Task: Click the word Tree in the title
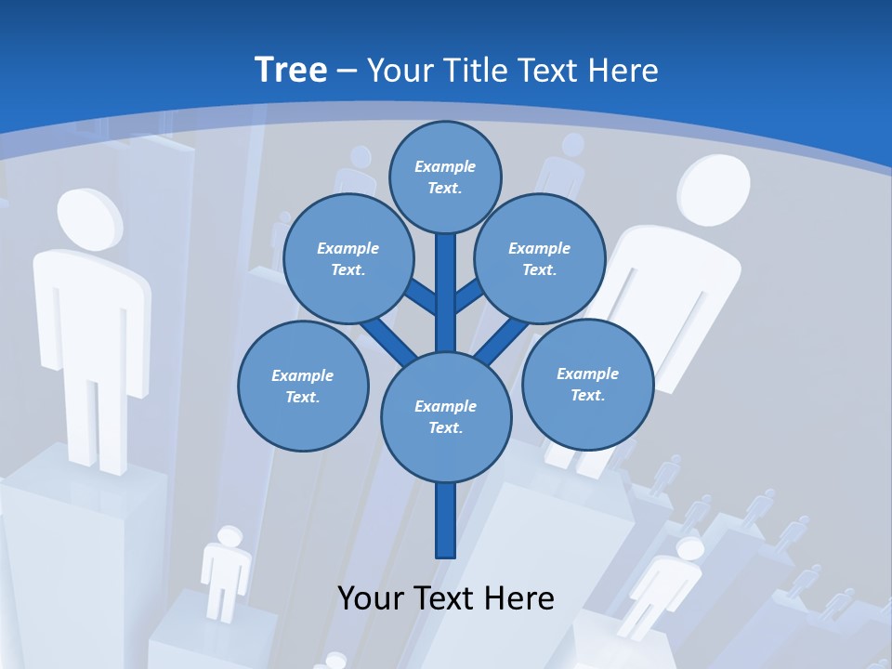[291, 70]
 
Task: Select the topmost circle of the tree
[445, 177]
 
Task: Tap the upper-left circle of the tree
[348, 258]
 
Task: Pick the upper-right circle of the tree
[539, 258]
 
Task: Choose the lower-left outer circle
[302, 386]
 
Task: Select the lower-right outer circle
[587, 384]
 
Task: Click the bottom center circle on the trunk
[446, 416]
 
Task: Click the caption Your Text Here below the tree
[446, 597]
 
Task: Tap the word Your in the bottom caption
[371, 597]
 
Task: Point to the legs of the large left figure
[93, 418]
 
